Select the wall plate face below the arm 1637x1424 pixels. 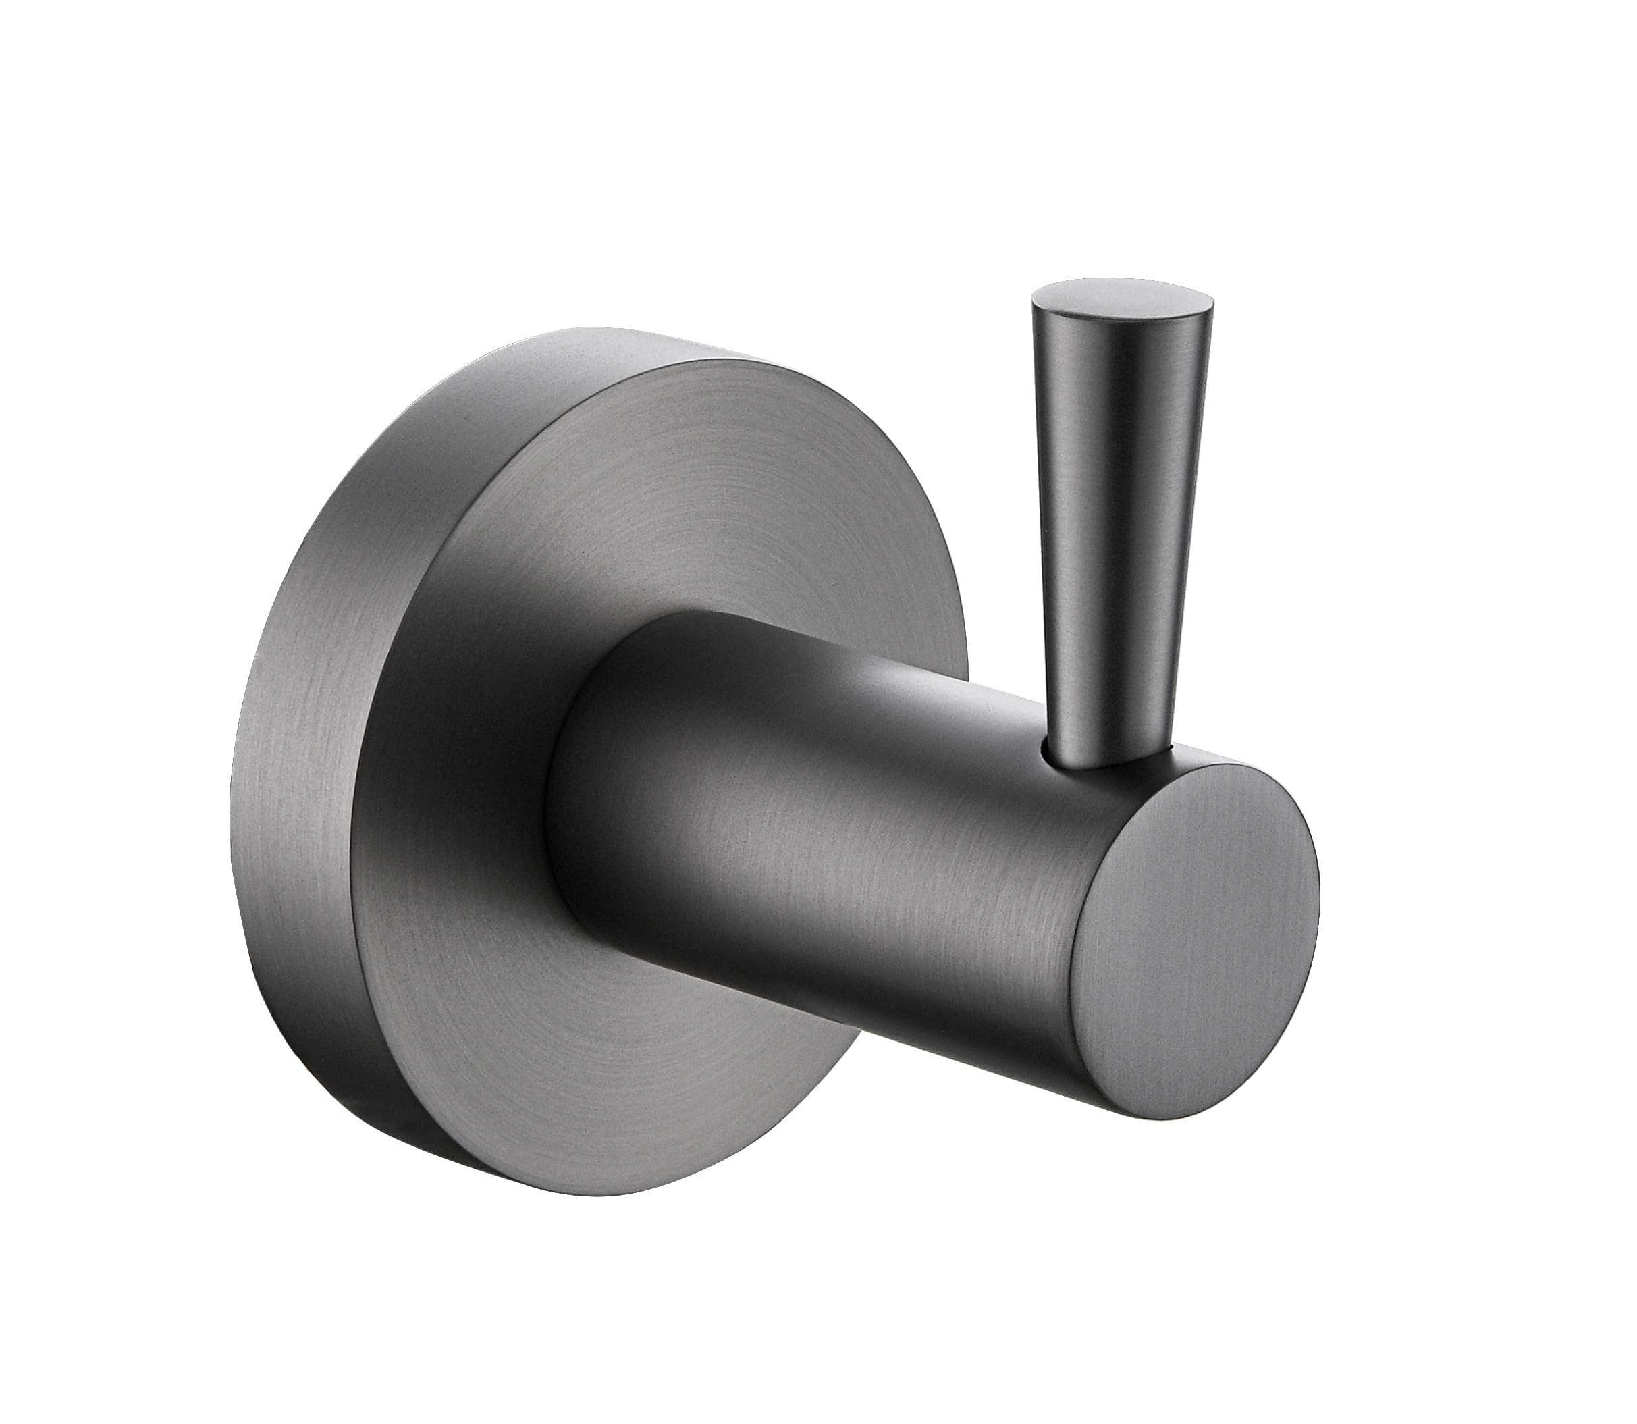(635, 1113)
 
